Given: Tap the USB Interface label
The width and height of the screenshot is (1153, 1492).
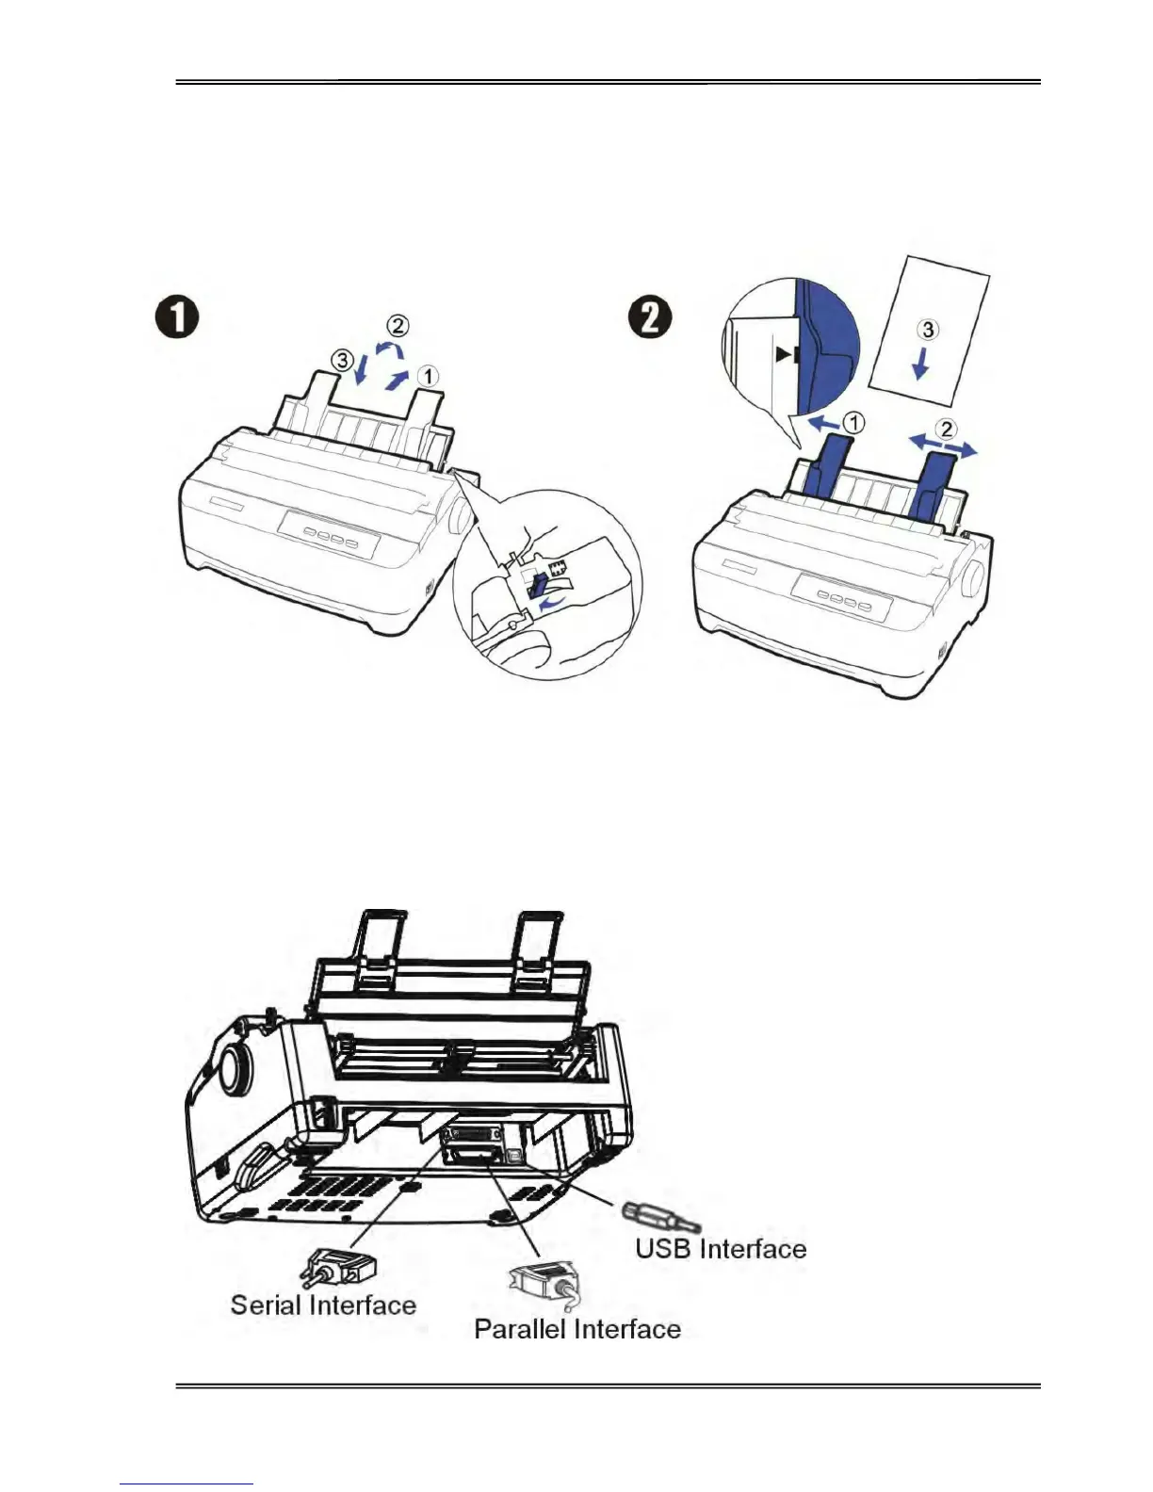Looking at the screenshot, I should pyautogui.click(x=721, y=1249).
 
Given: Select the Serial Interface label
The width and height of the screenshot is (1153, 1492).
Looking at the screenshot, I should pyautogui.click(x=323, y=1305).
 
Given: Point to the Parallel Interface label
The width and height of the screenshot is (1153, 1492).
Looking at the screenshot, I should pyautogui.click(x=576, y=1329).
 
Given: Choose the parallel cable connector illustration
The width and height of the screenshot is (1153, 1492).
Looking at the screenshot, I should pyautogui.click(x=542, y=1287).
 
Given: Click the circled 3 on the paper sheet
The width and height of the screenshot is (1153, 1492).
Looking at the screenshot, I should pyautogui.click(x=928, y=330).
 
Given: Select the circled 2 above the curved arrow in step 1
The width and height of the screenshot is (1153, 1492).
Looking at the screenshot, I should pyautogui.click(x=399, y=326).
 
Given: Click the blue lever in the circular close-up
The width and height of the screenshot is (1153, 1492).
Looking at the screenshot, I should pyautogui.click(x=538, y=588).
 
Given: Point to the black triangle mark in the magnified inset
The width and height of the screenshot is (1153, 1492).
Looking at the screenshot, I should pyautogui.click(x=785, y=355).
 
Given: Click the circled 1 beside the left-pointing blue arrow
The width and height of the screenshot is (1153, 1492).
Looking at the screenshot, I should pyautogui.click(x=851, y=424).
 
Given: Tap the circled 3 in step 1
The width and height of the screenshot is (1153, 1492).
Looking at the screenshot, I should pyautogui.click(x=346, y=359).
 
